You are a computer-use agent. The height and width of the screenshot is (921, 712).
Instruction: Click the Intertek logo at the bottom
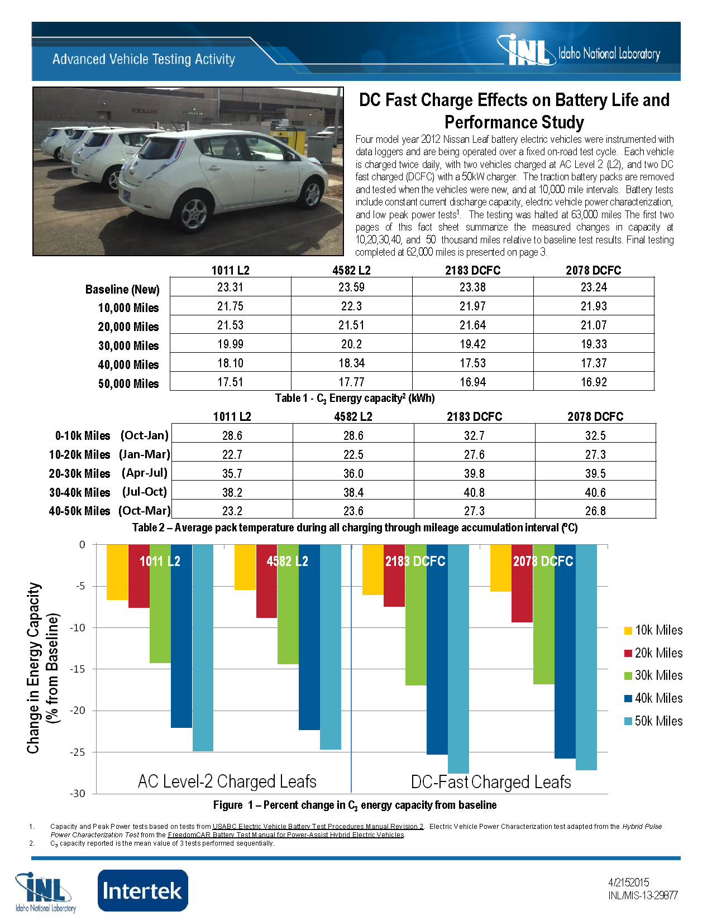pyautogui.click(x=143, y=890)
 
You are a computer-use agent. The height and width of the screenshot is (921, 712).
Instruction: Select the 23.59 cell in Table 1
pyautogui.click(x=351, y=287)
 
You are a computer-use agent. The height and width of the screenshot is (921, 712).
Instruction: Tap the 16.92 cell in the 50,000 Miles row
pyautogui.click(x=593, y=382)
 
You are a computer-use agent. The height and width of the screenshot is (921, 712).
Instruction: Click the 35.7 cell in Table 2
pyautogui.click(x=232, y=474)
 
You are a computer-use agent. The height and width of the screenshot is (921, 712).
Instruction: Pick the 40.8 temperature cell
pyautogui.click(x=474, y=493)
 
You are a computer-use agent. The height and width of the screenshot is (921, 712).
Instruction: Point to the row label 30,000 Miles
pyautogui.click(x=128, y=346)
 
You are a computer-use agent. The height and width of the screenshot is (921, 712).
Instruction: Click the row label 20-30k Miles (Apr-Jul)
pyautogui.click(x=108, y=473)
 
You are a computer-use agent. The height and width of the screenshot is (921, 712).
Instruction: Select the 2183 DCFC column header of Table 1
pyautogui.click(x=472, y=271)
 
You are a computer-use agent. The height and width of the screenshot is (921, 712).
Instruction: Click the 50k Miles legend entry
pyautogui.click(x=653, y=721)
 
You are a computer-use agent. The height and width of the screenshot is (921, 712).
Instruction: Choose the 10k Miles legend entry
pyautogui.click(x=653, y=630)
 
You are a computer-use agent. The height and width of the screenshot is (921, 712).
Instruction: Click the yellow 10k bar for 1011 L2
pyautogui.click(x=117, y=572)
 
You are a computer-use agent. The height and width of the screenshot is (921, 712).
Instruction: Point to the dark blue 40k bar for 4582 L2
pyautogui.click(x=309, y=642)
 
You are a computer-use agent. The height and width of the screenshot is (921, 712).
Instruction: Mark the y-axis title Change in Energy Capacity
pyautogui.click(x=34, y=668)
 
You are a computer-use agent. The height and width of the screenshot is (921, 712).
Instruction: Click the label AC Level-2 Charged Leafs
pyautogui.click(x=227, y=781)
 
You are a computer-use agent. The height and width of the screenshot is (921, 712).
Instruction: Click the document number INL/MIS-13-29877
pyautogui.click(x=643, y=896)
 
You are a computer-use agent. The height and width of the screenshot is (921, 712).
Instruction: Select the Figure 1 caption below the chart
pyautogui.click(x=355, y=805)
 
